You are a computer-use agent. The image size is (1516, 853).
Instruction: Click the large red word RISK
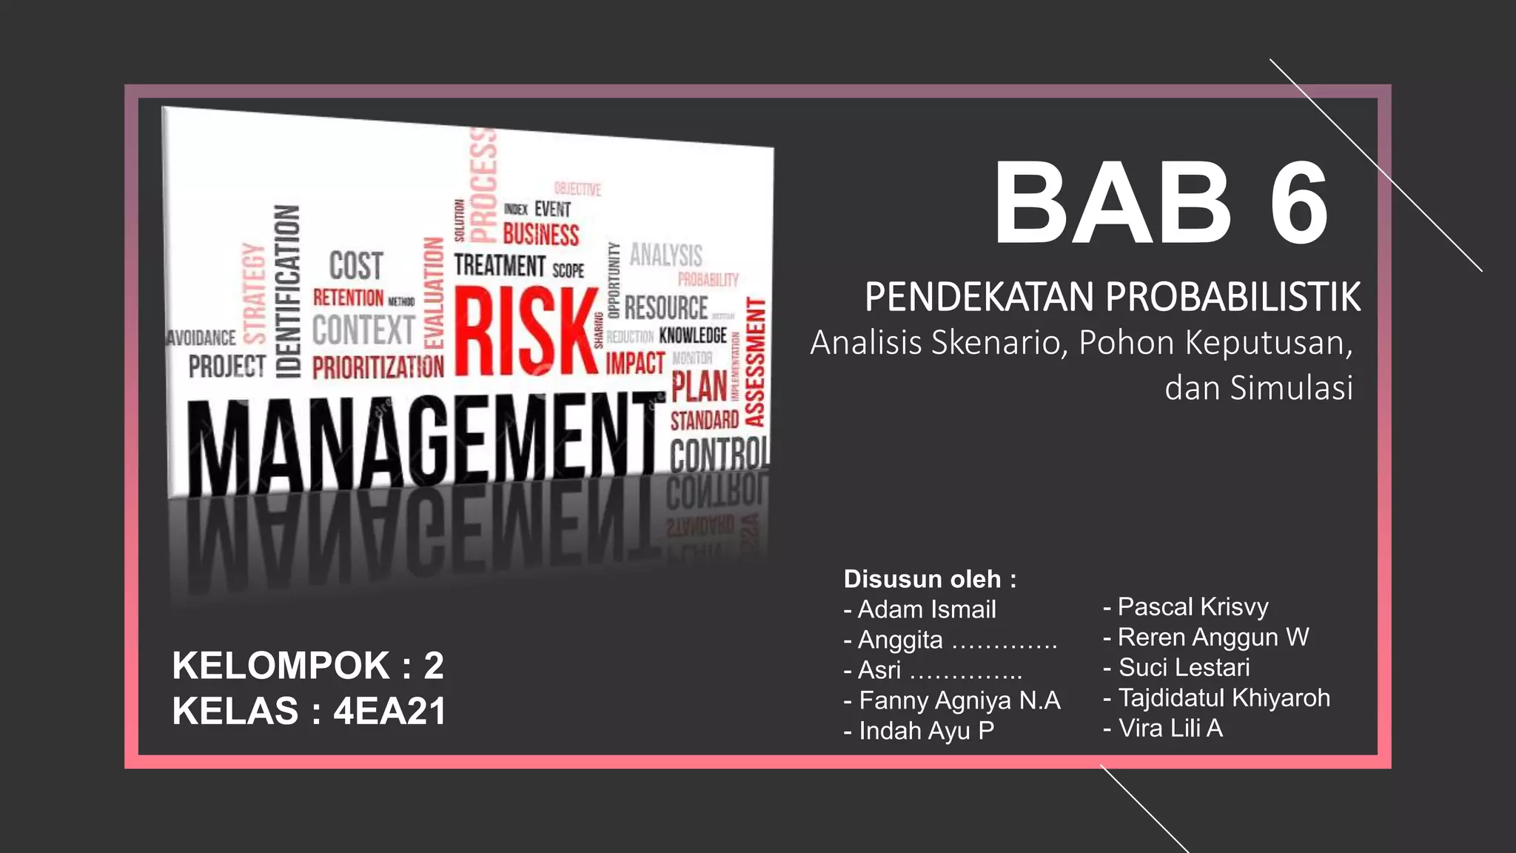(526, 331)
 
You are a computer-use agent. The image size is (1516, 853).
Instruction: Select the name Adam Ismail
(927, 609)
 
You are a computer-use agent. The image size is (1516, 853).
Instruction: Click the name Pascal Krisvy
(1193, 606)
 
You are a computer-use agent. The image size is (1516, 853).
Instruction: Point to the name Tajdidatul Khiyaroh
(1224, 698)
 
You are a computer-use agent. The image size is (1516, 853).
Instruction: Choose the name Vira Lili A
(1170, 728)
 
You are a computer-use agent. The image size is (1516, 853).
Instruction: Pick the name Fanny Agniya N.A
(959, 700)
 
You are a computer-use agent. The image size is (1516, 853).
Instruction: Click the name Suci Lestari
(1184, 667)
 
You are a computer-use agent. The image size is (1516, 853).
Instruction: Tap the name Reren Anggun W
(1213, 637)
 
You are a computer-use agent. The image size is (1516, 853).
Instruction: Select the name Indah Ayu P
(926, 730)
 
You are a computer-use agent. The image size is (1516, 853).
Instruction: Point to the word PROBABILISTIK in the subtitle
(1232, 297)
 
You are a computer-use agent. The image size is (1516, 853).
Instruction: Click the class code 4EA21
(389, 711)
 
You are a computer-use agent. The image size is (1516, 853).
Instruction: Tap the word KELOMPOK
(281, 665)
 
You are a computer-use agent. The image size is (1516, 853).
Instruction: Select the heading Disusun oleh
(922, 578)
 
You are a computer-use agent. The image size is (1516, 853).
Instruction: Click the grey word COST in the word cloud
(356, 266)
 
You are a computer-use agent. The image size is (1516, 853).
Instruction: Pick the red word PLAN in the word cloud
(699, 387)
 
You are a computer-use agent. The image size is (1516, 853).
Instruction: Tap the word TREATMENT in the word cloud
(500, 264)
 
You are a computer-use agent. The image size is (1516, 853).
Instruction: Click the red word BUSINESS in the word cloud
(541, 235)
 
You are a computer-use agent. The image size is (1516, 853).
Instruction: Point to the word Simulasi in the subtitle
(1291, 388)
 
